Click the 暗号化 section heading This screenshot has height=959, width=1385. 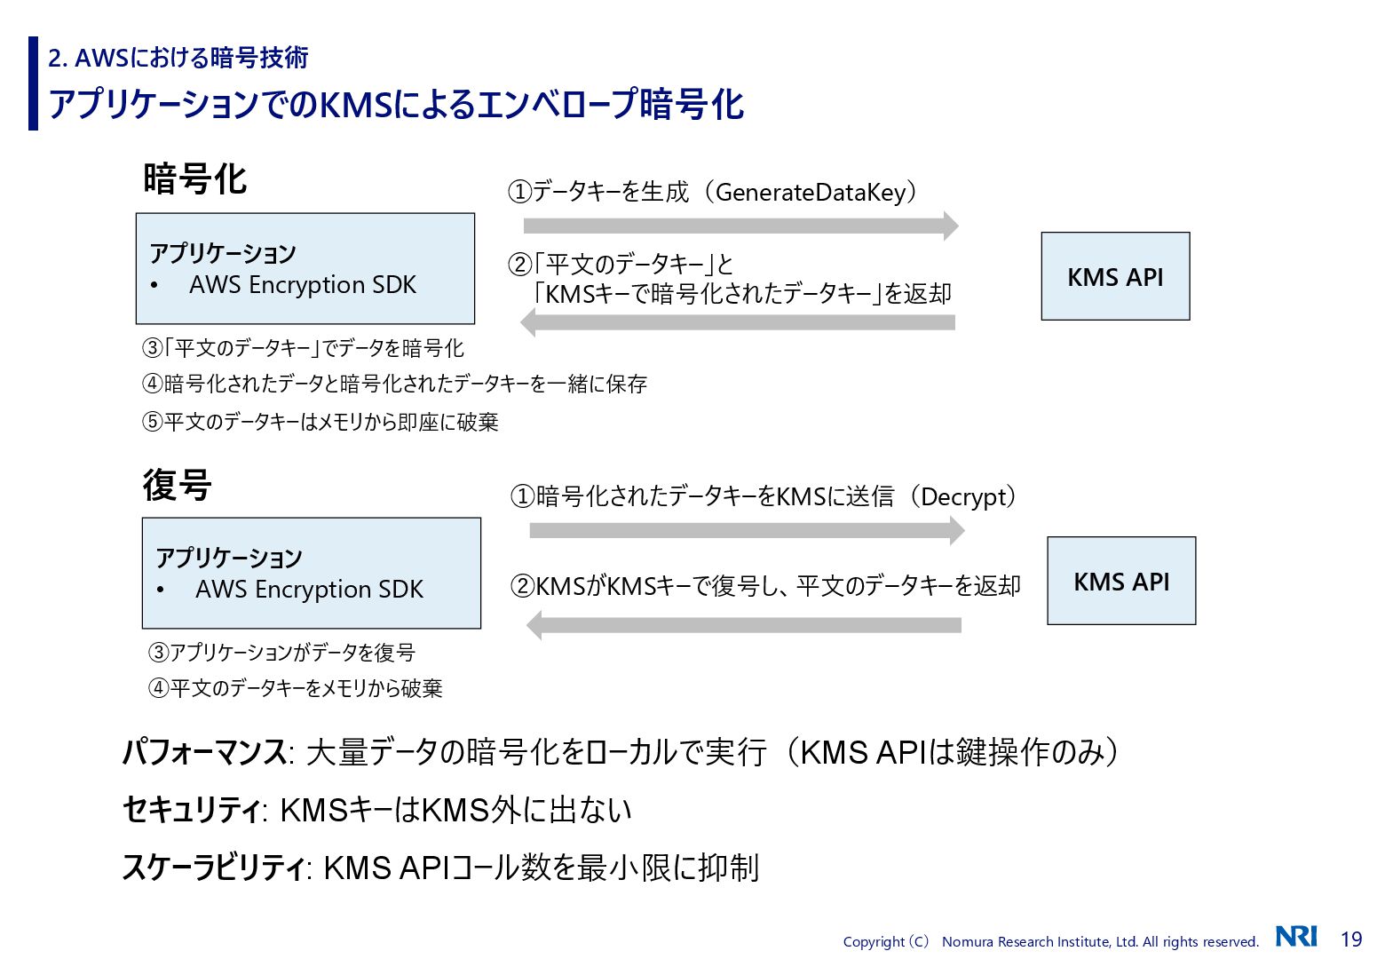coord(194,179)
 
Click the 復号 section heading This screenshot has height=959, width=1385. coord(178,486)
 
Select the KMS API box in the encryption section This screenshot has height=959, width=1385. coord(1115,276)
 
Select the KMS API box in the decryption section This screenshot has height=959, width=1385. coord(1121,581)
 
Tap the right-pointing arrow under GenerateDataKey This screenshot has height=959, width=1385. coord(740,226)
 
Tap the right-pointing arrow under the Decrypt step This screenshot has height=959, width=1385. coord(747,531)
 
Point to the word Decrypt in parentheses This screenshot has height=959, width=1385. coord(967,496)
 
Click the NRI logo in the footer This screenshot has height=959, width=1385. coord(1296,937)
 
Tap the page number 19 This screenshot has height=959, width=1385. coord(1350,939)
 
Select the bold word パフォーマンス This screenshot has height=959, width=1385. coord(204,753)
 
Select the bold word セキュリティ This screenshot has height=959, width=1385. coord(191,810)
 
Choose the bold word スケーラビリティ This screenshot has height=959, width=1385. coord(213,868)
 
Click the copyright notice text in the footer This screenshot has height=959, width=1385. coord(1050,942)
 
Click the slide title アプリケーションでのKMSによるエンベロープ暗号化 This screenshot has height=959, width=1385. coord(396,105)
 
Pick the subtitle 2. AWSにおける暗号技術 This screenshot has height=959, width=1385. coord(178,58)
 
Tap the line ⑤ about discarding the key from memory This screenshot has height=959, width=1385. coord(321,422)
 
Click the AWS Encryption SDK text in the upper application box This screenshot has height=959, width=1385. coord(303,285)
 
